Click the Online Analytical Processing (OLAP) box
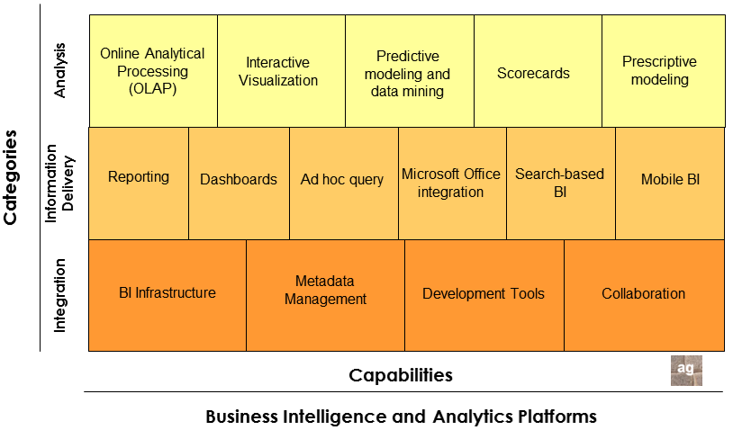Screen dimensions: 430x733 tap(153, 71)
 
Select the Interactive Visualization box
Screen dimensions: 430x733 tap(281, 71)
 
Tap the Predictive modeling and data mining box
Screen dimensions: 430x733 tap(410, 71)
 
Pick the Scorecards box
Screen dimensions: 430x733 tap(538, 71)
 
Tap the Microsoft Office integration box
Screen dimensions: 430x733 tap(452, 183)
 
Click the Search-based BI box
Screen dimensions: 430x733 tap(560, 183)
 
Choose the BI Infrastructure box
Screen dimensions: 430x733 tap(167, 294)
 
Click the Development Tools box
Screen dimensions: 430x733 tap(484, 294)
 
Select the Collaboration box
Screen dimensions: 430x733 tap(644, 294)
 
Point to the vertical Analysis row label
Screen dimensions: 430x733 tap(60, 71)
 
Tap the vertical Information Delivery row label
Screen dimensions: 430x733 tap(59, 183)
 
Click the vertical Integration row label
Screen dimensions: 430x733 tap(60, 295)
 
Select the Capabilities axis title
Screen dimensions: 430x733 tap(401, 375)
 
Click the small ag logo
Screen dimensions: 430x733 tap(686, 371)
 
